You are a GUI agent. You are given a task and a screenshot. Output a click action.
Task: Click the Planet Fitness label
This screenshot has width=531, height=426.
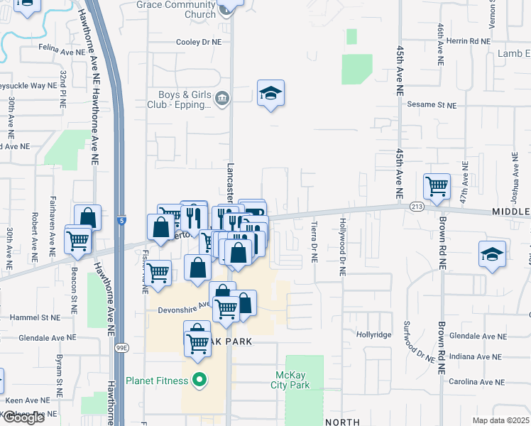click(157, 381)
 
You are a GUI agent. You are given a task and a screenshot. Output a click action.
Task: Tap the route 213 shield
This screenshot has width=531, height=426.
click(416, 207)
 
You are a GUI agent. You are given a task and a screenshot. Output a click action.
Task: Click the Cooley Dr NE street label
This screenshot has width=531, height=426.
click(199, 42)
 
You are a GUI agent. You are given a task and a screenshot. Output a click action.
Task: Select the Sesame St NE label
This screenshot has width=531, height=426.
click(432, 104)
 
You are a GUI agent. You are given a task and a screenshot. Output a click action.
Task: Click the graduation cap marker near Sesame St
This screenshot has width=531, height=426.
click(270, 93)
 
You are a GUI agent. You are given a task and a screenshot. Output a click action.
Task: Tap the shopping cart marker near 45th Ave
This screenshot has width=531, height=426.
click(437, 187)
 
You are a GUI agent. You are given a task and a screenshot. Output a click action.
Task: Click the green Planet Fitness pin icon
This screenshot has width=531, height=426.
click(199, 381)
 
